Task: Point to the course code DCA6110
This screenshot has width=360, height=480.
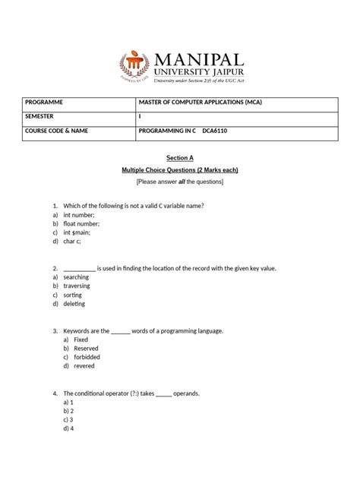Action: (x=216, y=131)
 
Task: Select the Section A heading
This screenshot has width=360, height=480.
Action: (x=180, y=157)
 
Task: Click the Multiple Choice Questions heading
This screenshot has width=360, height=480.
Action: (x=180, y=170)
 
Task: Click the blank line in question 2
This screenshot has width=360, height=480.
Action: (x=79, y=269)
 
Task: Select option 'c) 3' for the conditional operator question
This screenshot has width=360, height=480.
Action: (x=68, y=418)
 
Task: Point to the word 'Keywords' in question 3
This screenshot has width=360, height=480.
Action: (x=78, y=331)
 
